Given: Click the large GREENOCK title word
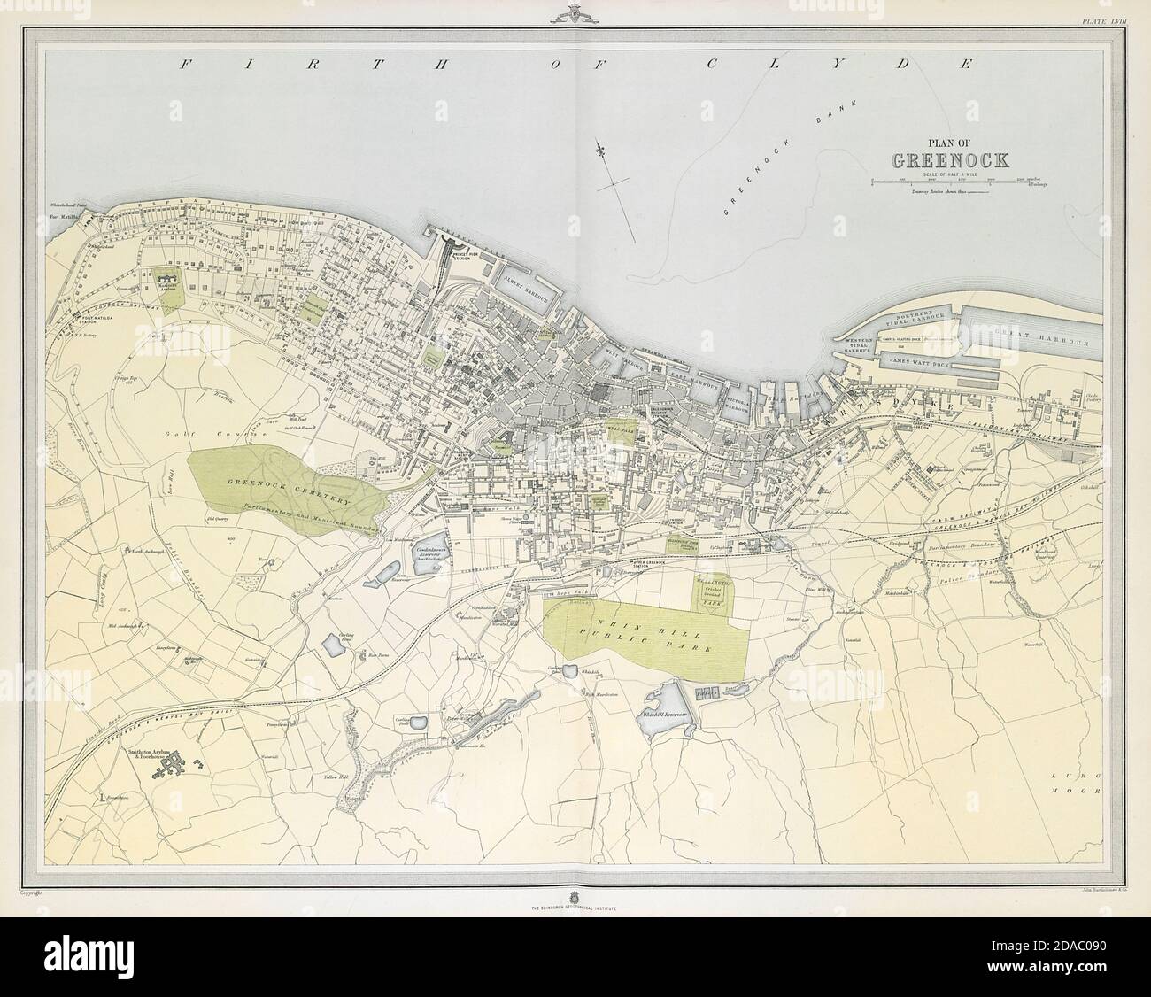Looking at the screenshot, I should coord(942,162).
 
